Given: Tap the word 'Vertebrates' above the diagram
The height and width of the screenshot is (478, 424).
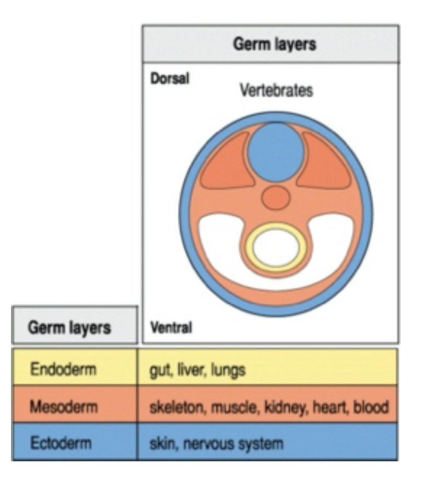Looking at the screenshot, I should click(x=276, y=91).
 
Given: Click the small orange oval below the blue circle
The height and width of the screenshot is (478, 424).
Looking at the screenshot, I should click(x=276, y=198).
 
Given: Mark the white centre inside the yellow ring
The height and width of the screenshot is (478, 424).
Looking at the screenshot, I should click(x=276, y=247).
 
